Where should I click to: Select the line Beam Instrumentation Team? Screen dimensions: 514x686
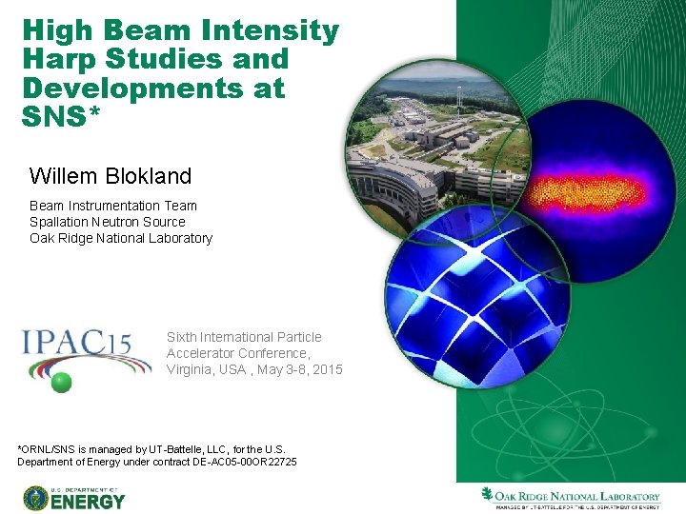[112, 206]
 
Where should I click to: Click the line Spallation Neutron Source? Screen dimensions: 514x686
[107, 222]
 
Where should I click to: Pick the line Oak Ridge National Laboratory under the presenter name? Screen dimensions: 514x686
[120, 238]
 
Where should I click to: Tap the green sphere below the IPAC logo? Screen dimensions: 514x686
[62, 383]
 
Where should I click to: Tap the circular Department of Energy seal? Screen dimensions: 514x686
[36, 497]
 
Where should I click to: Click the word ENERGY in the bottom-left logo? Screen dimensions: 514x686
[88, 500]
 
